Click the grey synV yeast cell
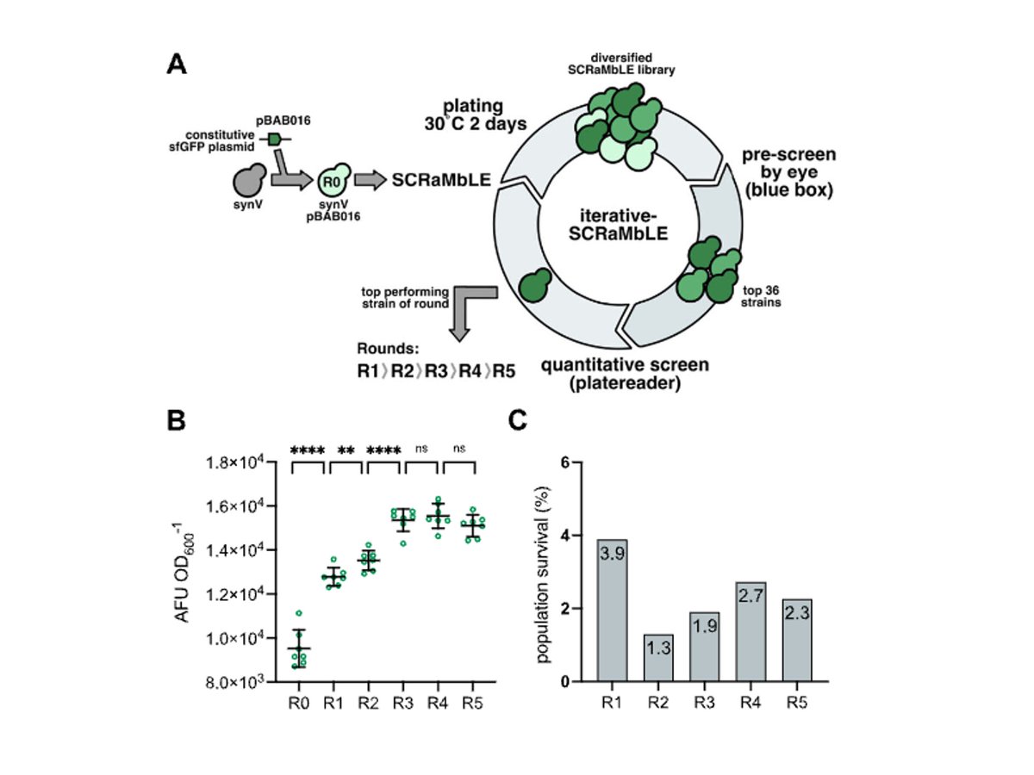pos(250,182)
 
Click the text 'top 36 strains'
pos(759,294)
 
